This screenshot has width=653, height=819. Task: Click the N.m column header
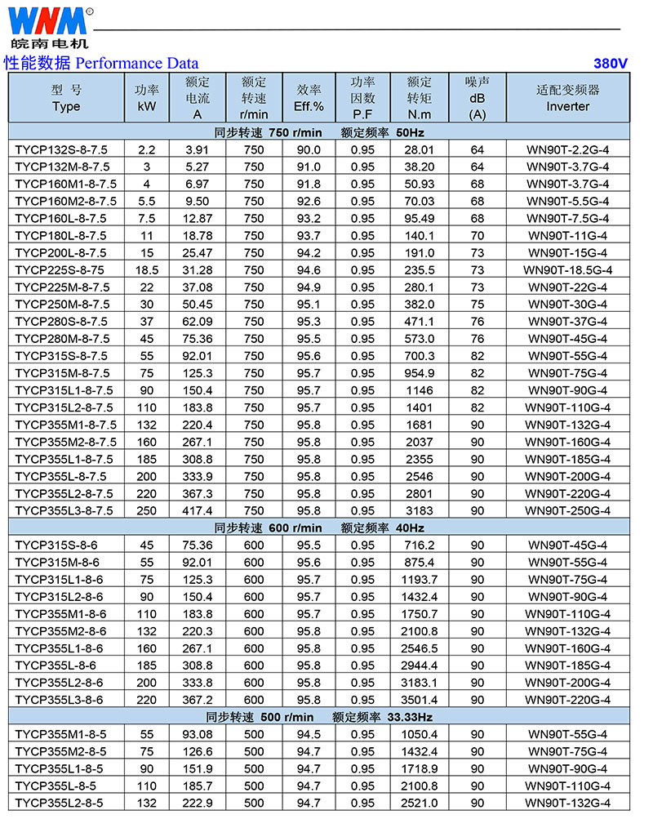419,114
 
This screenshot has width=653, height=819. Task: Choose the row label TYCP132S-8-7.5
61,149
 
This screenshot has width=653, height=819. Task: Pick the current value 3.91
198,149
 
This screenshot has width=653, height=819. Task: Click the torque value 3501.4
419,700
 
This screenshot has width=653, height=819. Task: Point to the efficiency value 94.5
309,734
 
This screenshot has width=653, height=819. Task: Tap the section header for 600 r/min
318,527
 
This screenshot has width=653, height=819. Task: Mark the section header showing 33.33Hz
318,717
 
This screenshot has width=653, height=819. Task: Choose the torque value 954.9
419,373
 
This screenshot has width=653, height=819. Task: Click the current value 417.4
198,510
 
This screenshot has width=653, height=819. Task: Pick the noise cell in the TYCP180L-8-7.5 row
478,235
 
